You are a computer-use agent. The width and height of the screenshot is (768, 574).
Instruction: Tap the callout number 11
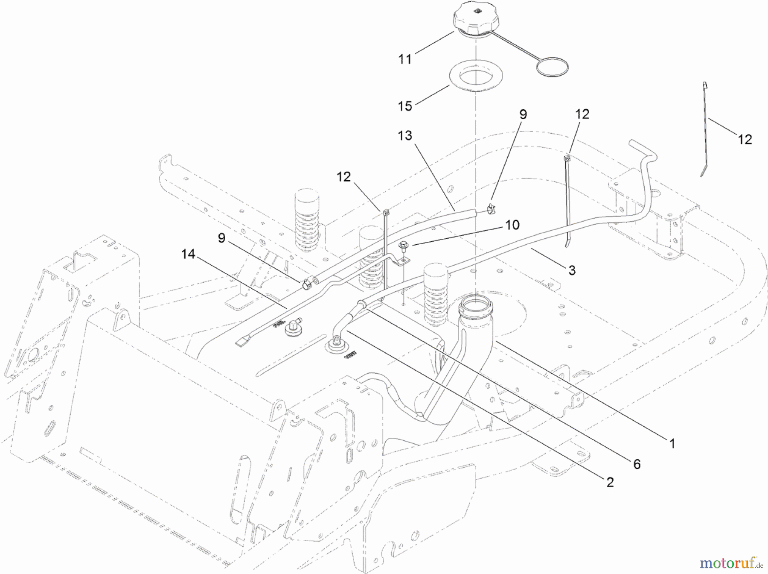tap(405, 59)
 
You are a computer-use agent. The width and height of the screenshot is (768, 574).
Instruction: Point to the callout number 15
tap(405, 105)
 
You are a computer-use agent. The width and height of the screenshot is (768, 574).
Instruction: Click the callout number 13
tap(405, 136)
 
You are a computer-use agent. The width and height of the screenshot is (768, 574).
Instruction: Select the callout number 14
tap(188, 255)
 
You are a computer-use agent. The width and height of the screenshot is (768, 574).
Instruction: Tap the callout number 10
tap(512, 225)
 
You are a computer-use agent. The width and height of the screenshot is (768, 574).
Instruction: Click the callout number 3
tap(572, 270)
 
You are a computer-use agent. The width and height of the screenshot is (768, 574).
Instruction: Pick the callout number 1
tap(672, 444)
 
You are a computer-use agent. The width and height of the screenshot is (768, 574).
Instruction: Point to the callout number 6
tap(637, 464)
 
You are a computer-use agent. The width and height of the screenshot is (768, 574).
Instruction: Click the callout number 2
tap(610, 482)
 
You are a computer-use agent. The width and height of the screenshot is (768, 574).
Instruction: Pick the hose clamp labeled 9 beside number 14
tap(305, 284)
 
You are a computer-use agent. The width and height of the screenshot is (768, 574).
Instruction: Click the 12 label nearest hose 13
tap(344, 177)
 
